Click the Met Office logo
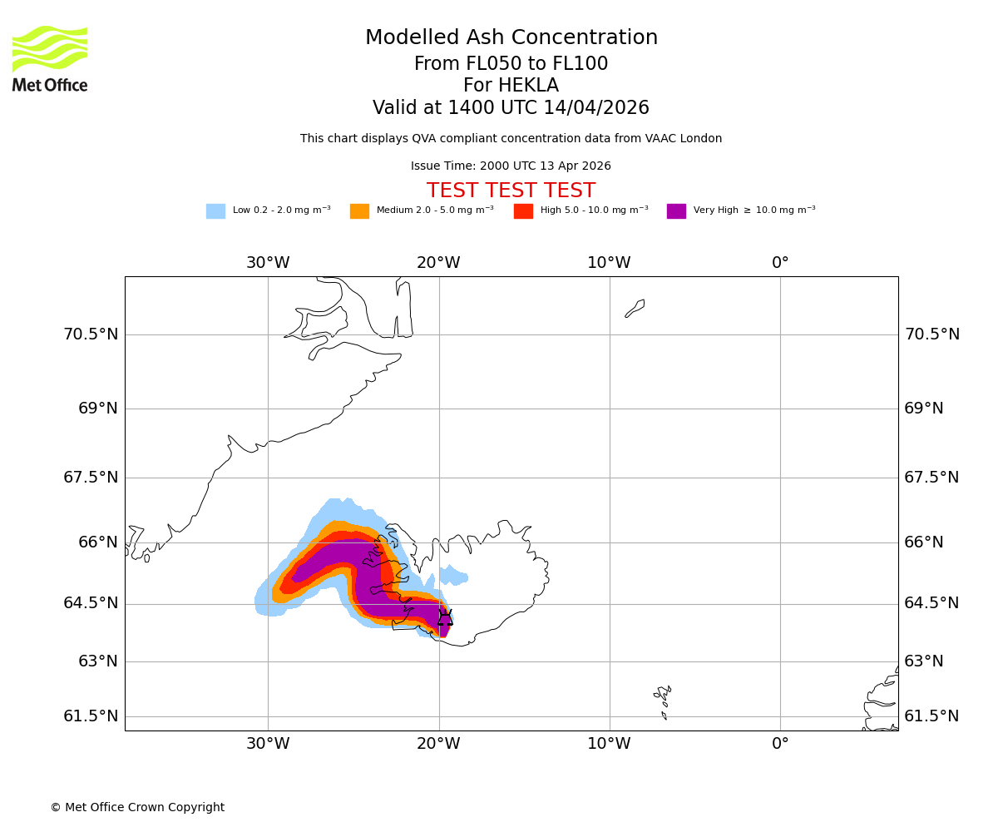point(50,58)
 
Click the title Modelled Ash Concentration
point(511,38)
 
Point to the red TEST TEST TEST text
point(511,191)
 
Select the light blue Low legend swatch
point(215,211)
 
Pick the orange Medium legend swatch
point(359,211)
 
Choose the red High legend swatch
point(523,211)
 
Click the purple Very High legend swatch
point(676,211)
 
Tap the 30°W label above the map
point(268,263)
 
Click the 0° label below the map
point(780,744)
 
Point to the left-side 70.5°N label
point(91,334)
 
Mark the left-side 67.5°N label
point(91,478)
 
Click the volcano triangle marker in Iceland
point(445,617)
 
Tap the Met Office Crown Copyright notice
point(137,807)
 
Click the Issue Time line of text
point(511,166)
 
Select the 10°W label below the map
point(609,744)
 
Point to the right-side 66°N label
point(924,542)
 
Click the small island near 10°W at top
point(635,308)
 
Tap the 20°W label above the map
point(438,263)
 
